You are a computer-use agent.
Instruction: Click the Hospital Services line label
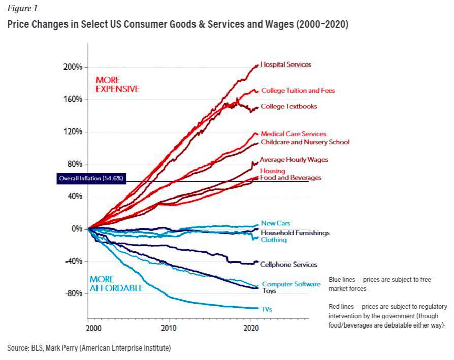click(285, 64)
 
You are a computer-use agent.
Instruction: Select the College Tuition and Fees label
click(298, 91)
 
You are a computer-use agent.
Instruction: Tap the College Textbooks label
click(288, 106)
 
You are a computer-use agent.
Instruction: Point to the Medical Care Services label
click(293, 134)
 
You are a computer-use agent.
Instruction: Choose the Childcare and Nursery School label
click(305, 142)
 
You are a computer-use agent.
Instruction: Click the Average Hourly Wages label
click(294, 159)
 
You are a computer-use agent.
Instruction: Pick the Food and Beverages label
click(290, 178)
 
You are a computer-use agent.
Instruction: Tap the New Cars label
click(275, 223)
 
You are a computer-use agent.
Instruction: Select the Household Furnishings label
click(295, 233)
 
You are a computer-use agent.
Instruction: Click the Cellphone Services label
click(288, 264)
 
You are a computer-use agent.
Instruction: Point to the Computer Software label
click(291, 284)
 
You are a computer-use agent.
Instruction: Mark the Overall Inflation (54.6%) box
click(91, 179)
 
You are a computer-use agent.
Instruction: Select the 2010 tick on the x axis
click(169, 329)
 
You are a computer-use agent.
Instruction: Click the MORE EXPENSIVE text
click(117, 85)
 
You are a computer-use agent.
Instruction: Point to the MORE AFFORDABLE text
click(116, 284)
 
